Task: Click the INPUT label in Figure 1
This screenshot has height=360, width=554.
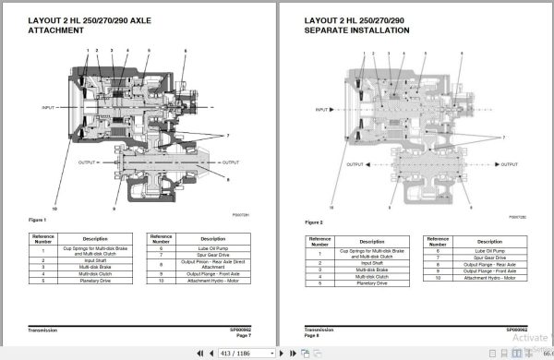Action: click(51, 108)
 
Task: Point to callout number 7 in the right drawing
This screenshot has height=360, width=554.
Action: click(503, 136)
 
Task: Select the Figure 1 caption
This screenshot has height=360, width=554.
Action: click(38, 220)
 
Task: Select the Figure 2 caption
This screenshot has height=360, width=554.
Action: click(313, 222)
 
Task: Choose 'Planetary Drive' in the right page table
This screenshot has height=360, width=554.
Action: click(361, 286)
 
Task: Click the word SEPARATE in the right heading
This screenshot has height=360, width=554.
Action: click(330, 30)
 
